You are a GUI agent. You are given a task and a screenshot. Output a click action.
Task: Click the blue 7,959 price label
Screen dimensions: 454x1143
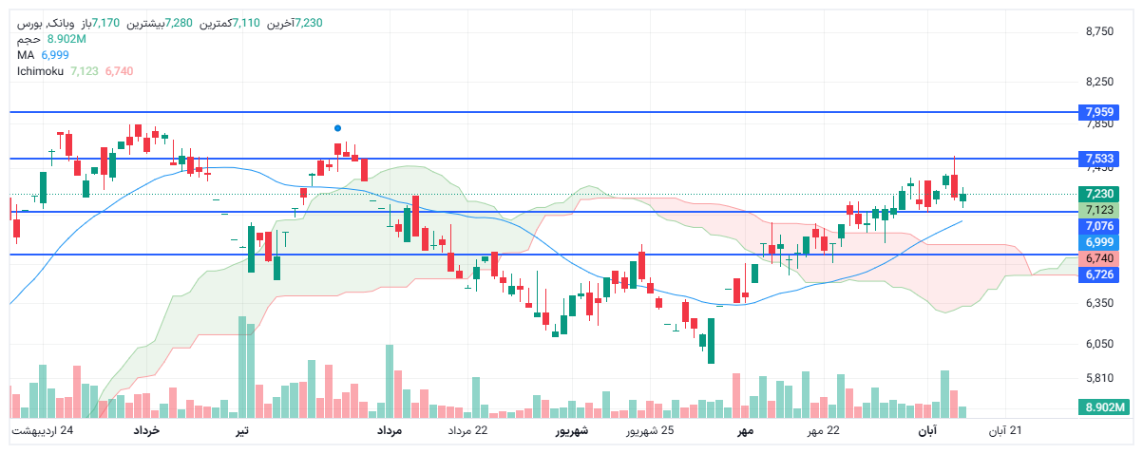click(x=1098, y=112)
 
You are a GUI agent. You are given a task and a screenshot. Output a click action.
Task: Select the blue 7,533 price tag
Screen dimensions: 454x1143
click(x=1098, y=158)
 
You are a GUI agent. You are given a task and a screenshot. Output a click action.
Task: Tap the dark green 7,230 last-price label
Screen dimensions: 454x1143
click(x=1098, y=194)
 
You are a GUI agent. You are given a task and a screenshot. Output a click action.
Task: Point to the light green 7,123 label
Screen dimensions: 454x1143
click(x=1098, y=210)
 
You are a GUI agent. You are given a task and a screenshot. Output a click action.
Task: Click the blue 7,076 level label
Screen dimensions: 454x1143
click(x=1098, y=226)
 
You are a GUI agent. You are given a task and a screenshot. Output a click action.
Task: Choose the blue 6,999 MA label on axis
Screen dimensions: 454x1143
click(x=1098, y=242)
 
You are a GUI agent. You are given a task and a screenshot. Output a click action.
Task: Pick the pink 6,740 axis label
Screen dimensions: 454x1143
click(x=1098, y=258)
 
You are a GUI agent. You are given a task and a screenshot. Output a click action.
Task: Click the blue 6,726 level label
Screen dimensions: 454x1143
click(x=1098, y=274)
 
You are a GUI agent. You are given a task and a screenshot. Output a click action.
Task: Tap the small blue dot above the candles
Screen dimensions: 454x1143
click(x=337, y=127)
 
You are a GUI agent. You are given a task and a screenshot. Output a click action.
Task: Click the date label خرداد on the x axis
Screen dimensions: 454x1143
click(x=145, y=431)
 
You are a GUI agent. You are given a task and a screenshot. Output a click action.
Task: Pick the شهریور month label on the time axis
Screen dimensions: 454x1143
click(x=572, y=431)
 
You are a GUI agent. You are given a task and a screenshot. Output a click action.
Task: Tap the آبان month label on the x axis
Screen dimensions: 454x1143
click(x=926, y=431)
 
